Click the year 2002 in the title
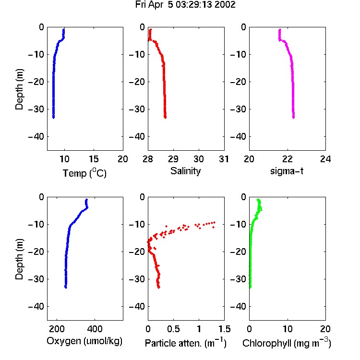click(x=225, y=5)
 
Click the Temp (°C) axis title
click(x=84, y=173)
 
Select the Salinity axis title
click(x=185, y=171)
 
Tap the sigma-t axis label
click(x=287, y=171)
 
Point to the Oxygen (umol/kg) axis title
click(x=84, y=341)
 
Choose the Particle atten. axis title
click(x=186, y=343)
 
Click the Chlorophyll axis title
click(x=287, y=343)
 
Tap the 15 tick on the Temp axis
click(x=94, y=159)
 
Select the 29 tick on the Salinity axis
click(x=173, y=159)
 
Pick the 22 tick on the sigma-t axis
click(x=287, y=159)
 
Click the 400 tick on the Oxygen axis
click(x=95, y=329)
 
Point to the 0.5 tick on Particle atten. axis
click(x=173, y=329)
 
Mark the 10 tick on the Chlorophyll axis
click(x=288, y=329)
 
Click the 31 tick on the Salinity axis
click(x=224, y=159)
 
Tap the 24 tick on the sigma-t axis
click(x=325, y=159)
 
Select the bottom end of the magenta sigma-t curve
click(x=293, y=118)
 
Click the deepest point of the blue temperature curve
click(x=53, y=118)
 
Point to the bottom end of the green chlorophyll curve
click(x=250, y=287)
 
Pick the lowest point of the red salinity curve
click(x=165, y=118)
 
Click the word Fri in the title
click(x=140, y=5)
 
